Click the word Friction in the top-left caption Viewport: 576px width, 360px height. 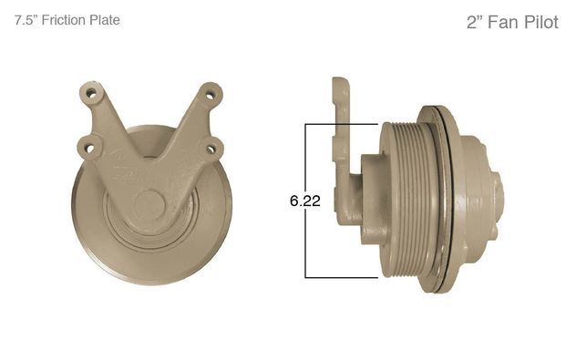(x=64, y=20)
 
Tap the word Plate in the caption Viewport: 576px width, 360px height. (x=105, y=20)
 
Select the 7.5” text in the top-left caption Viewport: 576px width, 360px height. (x=26, y=20)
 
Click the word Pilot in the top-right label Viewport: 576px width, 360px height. (x=541, y=22)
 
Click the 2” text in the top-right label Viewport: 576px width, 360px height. (x=475, y=22)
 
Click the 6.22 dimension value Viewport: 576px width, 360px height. (x=305, y=201)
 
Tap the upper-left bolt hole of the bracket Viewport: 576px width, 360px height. (x=92, y=94)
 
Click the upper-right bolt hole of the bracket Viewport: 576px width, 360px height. (x=210, y=96)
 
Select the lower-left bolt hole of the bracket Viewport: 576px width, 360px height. (x=90, y=149)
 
